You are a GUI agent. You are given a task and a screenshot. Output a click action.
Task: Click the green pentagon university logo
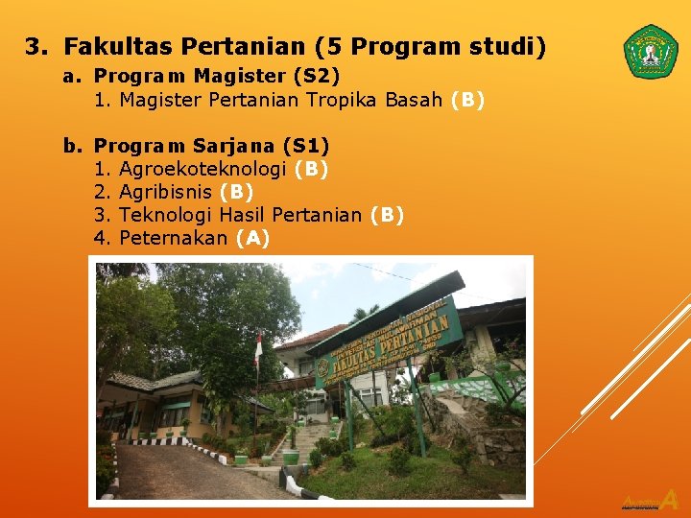651,52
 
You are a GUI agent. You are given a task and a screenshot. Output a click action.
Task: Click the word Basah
415,100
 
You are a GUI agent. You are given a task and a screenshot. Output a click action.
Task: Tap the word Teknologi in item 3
166,215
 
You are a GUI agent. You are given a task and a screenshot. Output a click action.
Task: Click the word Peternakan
173,238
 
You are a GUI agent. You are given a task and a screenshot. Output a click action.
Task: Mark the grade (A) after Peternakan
252,238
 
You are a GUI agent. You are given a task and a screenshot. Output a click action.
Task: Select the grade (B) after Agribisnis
236,192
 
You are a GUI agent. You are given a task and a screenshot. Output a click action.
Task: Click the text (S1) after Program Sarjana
305,146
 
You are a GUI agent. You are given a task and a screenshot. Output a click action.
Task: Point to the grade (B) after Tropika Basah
467,100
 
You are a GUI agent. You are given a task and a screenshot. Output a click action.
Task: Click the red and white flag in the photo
257,351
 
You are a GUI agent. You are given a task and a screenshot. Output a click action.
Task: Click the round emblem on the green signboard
323,366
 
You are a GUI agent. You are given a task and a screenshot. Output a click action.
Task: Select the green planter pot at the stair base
291,457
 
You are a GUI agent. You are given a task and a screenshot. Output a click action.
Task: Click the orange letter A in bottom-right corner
670,499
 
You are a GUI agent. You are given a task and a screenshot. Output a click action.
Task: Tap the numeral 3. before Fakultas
36,46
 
